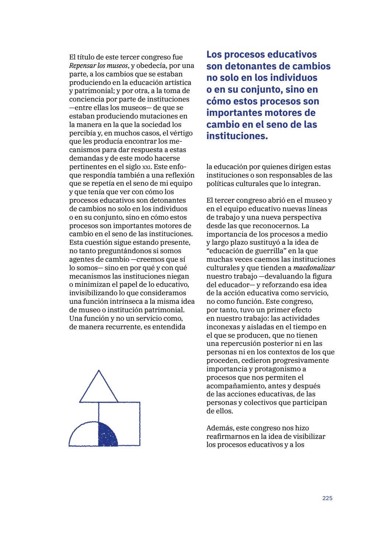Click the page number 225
coord(327,498)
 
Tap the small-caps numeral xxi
coord(147,167)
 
